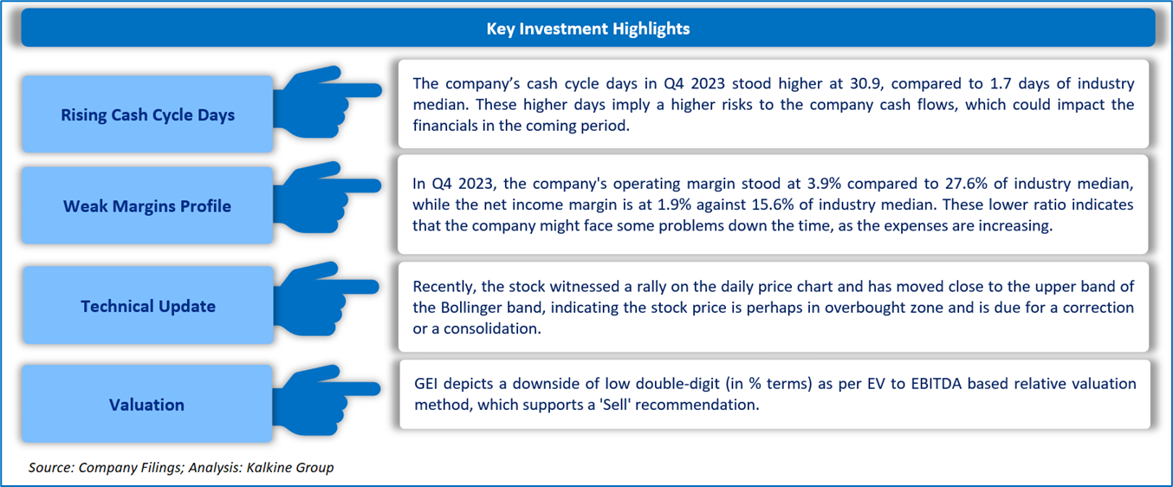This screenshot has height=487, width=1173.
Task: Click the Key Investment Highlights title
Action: [x=587, y=29]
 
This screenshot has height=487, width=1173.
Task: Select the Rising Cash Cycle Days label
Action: [x=147, y=114]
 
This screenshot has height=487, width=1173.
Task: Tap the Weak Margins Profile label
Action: [x=147, y=205]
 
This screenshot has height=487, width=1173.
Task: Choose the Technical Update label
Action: [x=148, y=306]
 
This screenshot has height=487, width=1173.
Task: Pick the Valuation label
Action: [x=146, y=405]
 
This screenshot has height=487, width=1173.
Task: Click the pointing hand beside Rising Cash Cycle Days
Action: [x=327, y=102]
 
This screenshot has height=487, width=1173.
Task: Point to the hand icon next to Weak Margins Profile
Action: [x=327, y=198]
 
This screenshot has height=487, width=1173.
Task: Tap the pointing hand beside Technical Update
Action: [x=327, y=298]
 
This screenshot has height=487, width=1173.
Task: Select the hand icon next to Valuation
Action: [x=327, y=400]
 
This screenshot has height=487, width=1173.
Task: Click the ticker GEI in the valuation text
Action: [x=425, y=383]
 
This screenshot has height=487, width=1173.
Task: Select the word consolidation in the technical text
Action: [x=492, y=328]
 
